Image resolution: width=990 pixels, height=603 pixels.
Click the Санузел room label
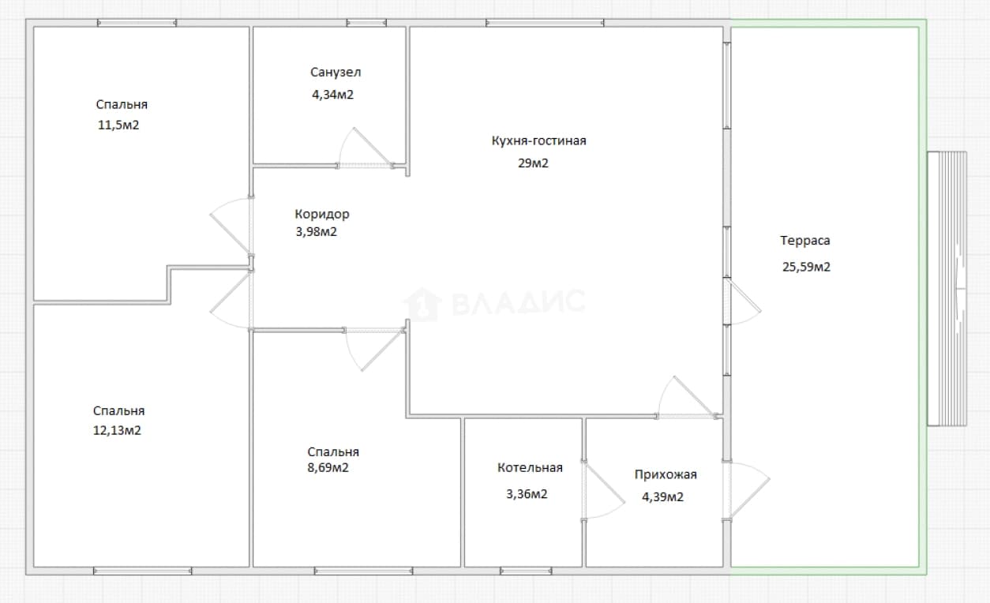(x=336, y=72)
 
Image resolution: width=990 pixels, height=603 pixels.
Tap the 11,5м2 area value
(x=118, y=125)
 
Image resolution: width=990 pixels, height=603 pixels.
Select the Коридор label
(x=322, y=214)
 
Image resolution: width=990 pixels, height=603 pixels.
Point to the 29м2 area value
(x=533, y=163)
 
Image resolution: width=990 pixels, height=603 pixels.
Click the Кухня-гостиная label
(x=538, y=140)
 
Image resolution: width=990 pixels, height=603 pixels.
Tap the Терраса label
(x=804, y=240)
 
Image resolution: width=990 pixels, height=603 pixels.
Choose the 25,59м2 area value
(x=806, y=267)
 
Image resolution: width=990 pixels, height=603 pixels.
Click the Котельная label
(x=530, y=467)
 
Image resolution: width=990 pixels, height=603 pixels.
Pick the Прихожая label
(x=666, y=474)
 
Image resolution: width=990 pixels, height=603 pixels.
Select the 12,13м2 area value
(x=117, y=430)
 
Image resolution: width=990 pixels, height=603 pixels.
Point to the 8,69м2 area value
(x=328, y=467)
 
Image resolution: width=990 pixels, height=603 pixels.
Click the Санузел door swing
(x=364, y=148)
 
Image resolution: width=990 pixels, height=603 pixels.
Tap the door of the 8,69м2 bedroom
(x=375, y=349)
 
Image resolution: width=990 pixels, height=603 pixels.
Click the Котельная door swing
(x=603, y=490)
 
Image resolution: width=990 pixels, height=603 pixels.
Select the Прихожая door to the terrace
(x=747, y=490)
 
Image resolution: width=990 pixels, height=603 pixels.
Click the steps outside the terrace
(x=947, y=289)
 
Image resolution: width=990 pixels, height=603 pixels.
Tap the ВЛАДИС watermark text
(x=519, y=302)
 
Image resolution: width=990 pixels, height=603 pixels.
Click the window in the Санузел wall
(x=366, y=23)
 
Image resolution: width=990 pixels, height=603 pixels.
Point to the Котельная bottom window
(x=526, y=571)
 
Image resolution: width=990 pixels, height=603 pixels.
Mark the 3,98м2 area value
(x=316, y=232)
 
